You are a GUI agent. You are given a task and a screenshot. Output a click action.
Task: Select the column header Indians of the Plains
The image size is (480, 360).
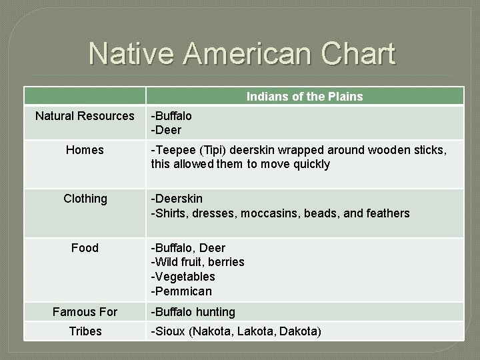coord(305,97)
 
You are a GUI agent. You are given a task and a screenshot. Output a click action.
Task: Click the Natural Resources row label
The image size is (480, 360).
coord(85,116)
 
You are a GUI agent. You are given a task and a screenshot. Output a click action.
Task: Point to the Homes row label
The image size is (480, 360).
coord(85,150)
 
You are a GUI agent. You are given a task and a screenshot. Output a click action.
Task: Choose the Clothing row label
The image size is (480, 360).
coord(85,199)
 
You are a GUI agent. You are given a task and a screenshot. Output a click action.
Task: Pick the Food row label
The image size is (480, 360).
coord(85,248)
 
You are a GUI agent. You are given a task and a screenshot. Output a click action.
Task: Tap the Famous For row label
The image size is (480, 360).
coord(85,312)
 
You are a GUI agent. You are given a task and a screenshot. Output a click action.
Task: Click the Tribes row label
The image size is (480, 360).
coord(85,331)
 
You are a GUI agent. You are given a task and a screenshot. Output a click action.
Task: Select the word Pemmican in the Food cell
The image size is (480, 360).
coord(183,291)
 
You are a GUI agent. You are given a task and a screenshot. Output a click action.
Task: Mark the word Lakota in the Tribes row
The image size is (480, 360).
coord(257,331)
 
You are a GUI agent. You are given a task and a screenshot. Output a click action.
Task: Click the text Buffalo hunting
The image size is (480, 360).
coord(195,312)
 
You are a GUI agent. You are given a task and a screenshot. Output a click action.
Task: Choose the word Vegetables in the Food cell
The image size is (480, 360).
coord(185,277)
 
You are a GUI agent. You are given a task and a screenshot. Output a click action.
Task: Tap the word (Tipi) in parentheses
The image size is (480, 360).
coord(215,150)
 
